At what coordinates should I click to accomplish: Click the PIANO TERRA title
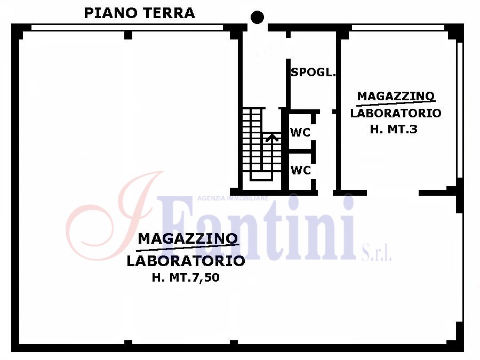tap(139, 13)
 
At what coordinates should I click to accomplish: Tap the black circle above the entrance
tap(257, 17)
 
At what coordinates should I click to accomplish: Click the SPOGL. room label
tap(313, 72)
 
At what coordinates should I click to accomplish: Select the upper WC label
tap(300, 132)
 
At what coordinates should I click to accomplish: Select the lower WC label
tap(301, 170)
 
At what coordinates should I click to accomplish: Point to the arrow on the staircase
tap(272, 138)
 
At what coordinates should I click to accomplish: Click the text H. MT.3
tap(394, 129)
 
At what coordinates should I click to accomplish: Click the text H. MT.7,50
tap(186, 277)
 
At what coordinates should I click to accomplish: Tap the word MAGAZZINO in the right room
tap(396, 96)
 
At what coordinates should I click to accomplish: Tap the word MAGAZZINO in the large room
tap(188, 238)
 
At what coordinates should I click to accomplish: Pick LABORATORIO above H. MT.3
tap(396, 113)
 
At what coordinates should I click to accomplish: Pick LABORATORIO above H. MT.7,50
tap(186, 261)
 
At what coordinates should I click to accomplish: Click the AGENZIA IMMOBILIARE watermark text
tap(233, 198)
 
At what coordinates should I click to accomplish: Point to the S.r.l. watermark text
tap(377, 253)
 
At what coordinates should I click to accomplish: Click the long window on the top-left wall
tap(127, 28)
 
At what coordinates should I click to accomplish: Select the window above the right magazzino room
tap(398, 28)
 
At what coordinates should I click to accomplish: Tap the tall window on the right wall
tap(460, 110)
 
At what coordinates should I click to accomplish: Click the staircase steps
tap(262, 144)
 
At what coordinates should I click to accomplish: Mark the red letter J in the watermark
tap(115, 216)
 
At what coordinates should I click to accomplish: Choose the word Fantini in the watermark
tap(257, 228)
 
